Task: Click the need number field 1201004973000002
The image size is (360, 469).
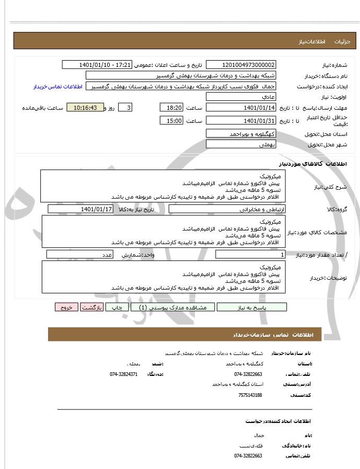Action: (x=241, y=65)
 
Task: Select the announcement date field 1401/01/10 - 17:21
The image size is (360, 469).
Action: (x=97, y=65)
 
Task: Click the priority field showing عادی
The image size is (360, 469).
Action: (x=241, y=97)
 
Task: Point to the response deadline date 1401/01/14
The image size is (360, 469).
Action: (x=241, y=108)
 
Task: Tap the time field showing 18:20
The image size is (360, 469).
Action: (x=171, y=108)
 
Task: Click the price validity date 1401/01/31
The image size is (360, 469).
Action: (x=241, y=121)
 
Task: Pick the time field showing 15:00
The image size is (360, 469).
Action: (x=171, y=121)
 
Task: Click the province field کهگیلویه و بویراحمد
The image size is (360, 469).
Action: (x=241, y=134)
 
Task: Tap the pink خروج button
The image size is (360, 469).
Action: (x=66, y=307)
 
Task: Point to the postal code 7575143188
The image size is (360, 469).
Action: (x=249, y=395)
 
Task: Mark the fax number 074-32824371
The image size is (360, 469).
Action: (x=124, y=374)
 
